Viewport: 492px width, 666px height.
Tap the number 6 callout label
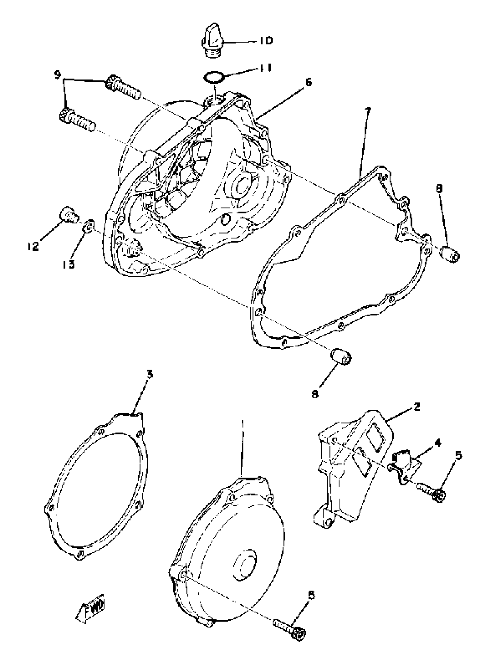point(309,82)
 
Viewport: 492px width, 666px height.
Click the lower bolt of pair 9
point(78,120)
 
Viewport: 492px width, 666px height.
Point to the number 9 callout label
point(58,74)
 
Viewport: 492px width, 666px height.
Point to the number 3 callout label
point(150,375)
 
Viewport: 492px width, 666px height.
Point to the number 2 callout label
point(416,407)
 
